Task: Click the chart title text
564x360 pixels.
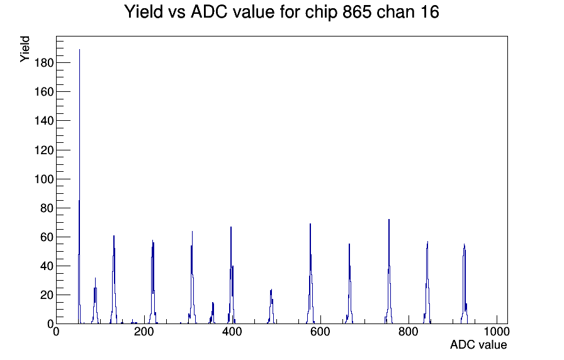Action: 281,12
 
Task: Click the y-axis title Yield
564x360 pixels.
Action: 25,49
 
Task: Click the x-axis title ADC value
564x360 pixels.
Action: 478,345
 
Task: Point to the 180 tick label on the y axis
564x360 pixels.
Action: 44,63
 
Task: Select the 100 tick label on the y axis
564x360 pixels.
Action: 44,179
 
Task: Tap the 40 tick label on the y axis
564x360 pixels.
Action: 47,266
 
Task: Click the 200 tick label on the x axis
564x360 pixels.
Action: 144,332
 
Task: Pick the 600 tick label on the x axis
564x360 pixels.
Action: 320,332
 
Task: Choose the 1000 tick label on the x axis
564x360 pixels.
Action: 497,332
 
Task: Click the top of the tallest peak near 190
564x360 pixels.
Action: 79,50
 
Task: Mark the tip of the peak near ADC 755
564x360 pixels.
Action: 389,220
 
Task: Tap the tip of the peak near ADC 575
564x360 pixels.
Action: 310,223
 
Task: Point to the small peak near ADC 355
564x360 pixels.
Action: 213,303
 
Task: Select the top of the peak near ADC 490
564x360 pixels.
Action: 271,290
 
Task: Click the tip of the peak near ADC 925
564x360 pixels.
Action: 465,244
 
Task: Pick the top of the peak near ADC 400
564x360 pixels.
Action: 231,227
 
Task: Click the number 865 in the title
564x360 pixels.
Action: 357,12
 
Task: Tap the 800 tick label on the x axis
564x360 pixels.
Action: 409,332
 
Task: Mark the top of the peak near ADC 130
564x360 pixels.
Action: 114,236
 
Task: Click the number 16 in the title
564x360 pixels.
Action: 429,12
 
